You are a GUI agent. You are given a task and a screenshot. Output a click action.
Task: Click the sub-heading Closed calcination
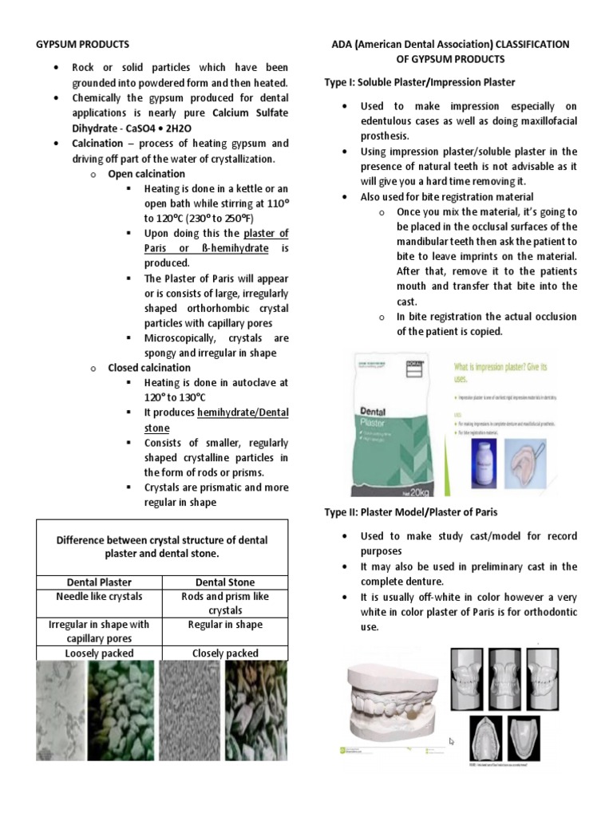pos(149,368)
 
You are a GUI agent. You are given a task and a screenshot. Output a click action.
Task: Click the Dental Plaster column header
pos(99,582)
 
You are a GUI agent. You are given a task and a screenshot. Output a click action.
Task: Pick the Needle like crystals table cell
pos(99,597)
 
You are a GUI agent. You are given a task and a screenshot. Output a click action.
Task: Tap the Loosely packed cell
pos(99,653)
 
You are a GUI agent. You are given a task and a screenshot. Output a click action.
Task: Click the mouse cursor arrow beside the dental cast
pos(453,741)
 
